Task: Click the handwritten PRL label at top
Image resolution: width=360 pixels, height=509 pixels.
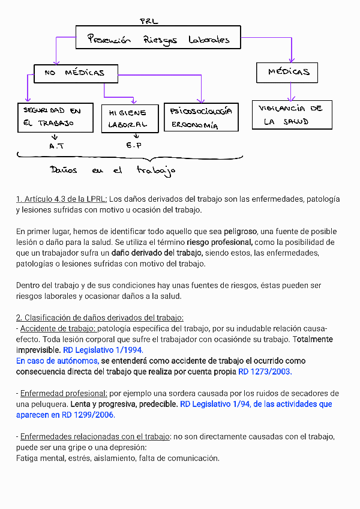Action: pos(149,21)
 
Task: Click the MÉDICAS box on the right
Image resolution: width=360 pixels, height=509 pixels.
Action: pos(287,73)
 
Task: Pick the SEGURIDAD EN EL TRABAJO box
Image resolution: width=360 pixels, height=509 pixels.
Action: pos(55,117)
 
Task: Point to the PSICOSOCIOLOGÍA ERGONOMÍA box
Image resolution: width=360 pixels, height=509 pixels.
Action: pos(201,118)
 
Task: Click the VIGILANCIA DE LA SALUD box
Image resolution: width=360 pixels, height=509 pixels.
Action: pos(292,115)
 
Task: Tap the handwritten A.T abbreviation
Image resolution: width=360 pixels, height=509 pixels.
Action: pos(58,146)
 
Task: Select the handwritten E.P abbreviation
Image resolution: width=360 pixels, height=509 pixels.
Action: pos(133,146)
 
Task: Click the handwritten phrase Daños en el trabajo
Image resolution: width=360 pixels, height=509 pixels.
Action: pos(113,170)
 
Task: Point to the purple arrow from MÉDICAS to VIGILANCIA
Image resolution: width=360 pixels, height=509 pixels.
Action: pos(291,91)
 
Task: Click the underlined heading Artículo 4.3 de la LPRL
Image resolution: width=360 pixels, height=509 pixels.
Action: pos(62,199)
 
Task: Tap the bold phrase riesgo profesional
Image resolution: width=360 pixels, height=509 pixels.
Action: pos(220,242)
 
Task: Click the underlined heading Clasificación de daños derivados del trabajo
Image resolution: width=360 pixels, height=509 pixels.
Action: pos(100,318)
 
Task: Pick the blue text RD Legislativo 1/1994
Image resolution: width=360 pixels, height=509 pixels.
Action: pos(103,350)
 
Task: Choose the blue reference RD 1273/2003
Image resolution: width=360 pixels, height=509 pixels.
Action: pos(265,372)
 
